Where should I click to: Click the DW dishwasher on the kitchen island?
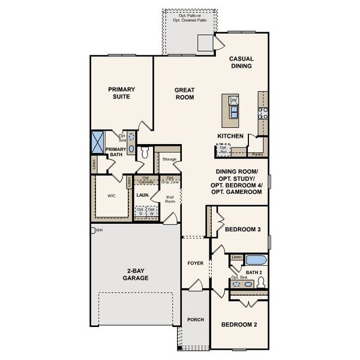(x=233, y=100)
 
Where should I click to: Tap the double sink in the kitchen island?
(x=233, y=112)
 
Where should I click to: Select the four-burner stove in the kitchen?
(x=262, y=112)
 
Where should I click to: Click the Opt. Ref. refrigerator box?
(x=223, y=150)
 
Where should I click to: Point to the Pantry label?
(x=257, y=154)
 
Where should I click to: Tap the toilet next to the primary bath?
(x=144, y=153)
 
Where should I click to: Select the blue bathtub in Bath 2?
(x=256, y=260)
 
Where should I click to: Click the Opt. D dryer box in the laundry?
(x=140, y=211)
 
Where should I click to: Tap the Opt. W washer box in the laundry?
(x=152, y=211)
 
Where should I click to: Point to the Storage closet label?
(x=169, y=159)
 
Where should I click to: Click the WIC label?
(x=111, y=196)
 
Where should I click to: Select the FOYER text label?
(x=196, y=263)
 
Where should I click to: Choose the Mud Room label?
(x=170, y=200)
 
